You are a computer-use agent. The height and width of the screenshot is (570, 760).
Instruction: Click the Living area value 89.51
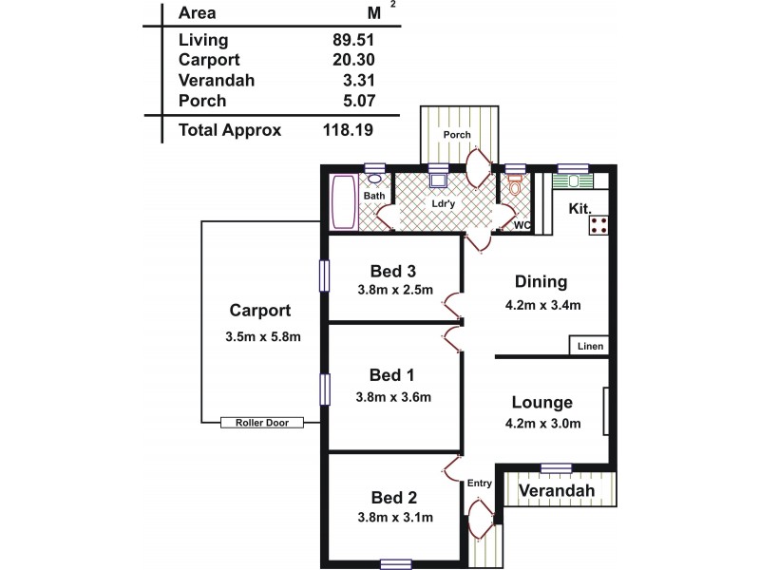[x=342, y=39]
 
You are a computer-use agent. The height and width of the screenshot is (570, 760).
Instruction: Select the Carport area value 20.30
[x=342, y=60]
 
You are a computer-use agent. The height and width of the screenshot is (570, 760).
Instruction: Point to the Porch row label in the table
[x=201, y=101]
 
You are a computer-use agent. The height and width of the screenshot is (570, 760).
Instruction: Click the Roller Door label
[x=261, y=423]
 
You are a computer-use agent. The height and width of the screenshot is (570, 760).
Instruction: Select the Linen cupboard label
[x=590, y=347]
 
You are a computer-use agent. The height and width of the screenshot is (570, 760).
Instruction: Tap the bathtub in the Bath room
[x=342, y=202]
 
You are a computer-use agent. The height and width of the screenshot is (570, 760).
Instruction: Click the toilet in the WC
[x=516, y=189]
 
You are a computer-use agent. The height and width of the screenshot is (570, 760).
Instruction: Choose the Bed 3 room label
[x=393, y=272]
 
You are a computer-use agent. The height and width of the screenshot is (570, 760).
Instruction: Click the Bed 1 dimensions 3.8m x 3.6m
[x=394, y=397]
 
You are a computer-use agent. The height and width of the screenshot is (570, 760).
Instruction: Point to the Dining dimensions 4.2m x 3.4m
[x=542, y=305]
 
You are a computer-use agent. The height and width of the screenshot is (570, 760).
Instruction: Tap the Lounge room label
[x=541, y=402]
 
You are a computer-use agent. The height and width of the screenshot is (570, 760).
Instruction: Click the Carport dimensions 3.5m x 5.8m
[x=263, y=336]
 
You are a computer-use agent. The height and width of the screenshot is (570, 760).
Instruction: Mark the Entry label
[x=480, y=484]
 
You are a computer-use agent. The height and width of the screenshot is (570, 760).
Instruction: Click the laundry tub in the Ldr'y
[x=438, y=180]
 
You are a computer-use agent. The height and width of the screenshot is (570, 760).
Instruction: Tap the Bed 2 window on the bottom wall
[x=396, y=563]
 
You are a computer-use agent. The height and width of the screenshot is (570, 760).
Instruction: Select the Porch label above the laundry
[x=458, y=135]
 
